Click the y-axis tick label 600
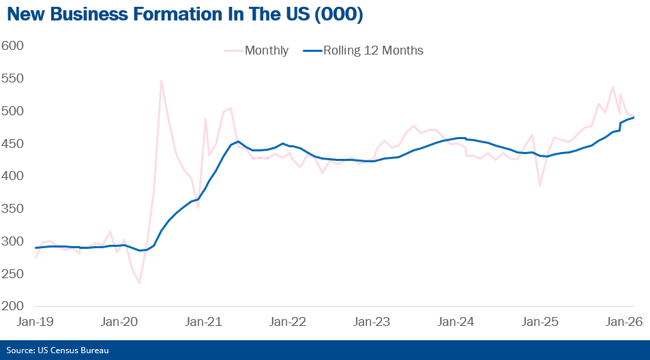[x=13, y=46]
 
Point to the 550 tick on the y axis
[x=13, y=78]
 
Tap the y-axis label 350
[x=13, y=209]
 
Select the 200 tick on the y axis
[x=13, y=306]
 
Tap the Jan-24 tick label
[x=452, y=321]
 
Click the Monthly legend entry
[x=266, y=50]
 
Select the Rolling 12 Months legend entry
[x=373, y=50]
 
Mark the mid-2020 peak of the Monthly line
[x=161, y=80]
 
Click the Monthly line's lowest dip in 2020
[x=139, y=283]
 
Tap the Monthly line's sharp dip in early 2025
[x=540, y=185]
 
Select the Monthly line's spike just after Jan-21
[x=205, y=119]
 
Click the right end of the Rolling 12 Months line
[x=634, y=117]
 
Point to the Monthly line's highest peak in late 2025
[x=612, y=87]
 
